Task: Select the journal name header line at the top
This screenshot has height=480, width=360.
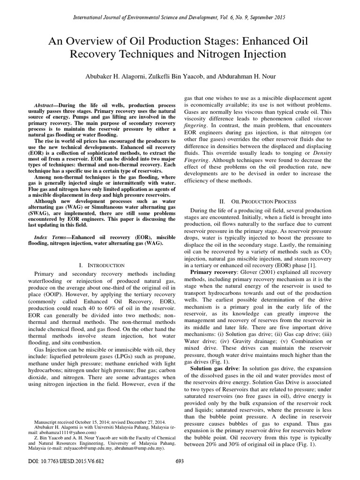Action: coord(180,17)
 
